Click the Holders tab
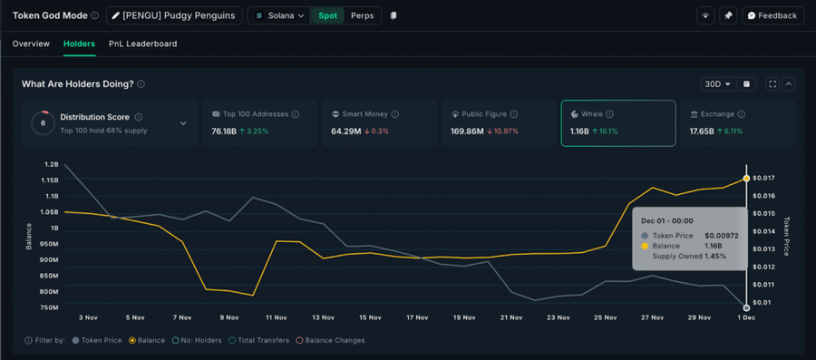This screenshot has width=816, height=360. coord(79,44)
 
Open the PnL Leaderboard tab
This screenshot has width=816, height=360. coord(142,44)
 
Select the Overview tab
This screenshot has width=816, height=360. coord(31,44)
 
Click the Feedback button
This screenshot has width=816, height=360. coord(772,15)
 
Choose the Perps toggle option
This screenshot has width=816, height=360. coord(362,15)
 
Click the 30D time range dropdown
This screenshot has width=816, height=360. coord(716,84)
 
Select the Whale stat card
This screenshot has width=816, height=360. coord(617,122)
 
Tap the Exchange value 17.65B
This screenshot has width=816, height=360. coord(703,131)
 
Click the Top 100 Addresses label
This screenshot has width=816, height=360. coord(256,114)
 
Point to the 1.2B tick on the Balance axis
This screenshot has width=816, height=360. coord(50,165)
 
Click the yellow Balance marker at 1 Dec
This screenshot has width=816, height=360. coord(746,179)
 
